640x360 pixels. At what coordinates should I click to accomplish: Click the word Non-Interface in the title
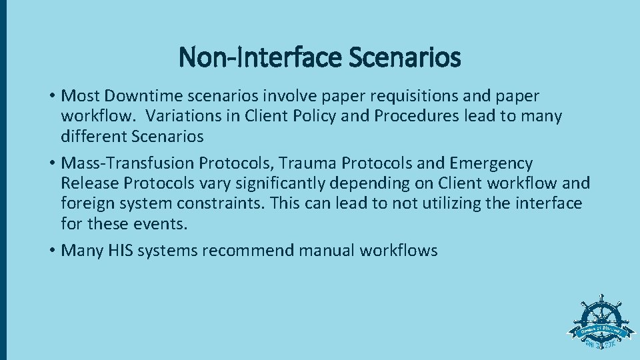tap(258, 57)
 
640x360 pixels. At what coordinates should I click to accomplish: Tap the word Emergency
tap(491, 163)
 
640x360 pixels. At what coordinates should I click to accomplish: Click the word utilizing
tap(447, 203)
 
